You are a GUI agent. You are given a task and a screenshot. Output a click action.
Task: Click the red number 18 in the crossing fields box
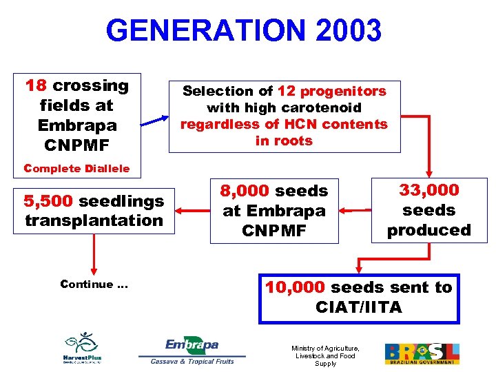[x=36, y=86]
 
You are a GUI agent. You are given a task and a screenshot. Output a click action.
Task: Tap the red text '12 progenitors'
[x=331, y=91]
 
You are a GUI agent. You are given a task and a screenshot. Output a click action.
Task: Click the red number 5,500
[x=49, y=201]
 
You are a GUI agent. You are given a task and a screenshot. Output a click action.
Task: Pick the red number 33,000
[x=428, y=189]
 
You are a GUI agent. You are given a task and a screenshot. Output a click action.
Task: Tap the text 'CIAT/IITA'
[x=358, y=307]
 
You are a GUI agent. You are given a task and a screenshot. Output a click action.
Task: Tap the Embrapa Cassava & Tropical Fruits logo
[x=192, y=351]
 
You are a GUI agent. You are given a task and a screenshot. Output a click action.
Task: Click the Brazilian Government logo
[x=422, y=353]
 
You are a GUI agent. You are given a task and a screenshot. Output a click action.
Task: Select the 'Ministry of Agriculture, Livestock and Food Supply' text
[x=326, y=355]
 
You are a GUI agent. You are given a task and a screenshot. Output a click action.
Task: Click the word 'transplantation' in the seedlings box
[x=94, y=220]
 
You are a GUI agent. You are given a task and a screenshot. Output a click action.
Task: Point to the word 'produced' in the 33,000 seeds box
[x=428, y=230]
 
